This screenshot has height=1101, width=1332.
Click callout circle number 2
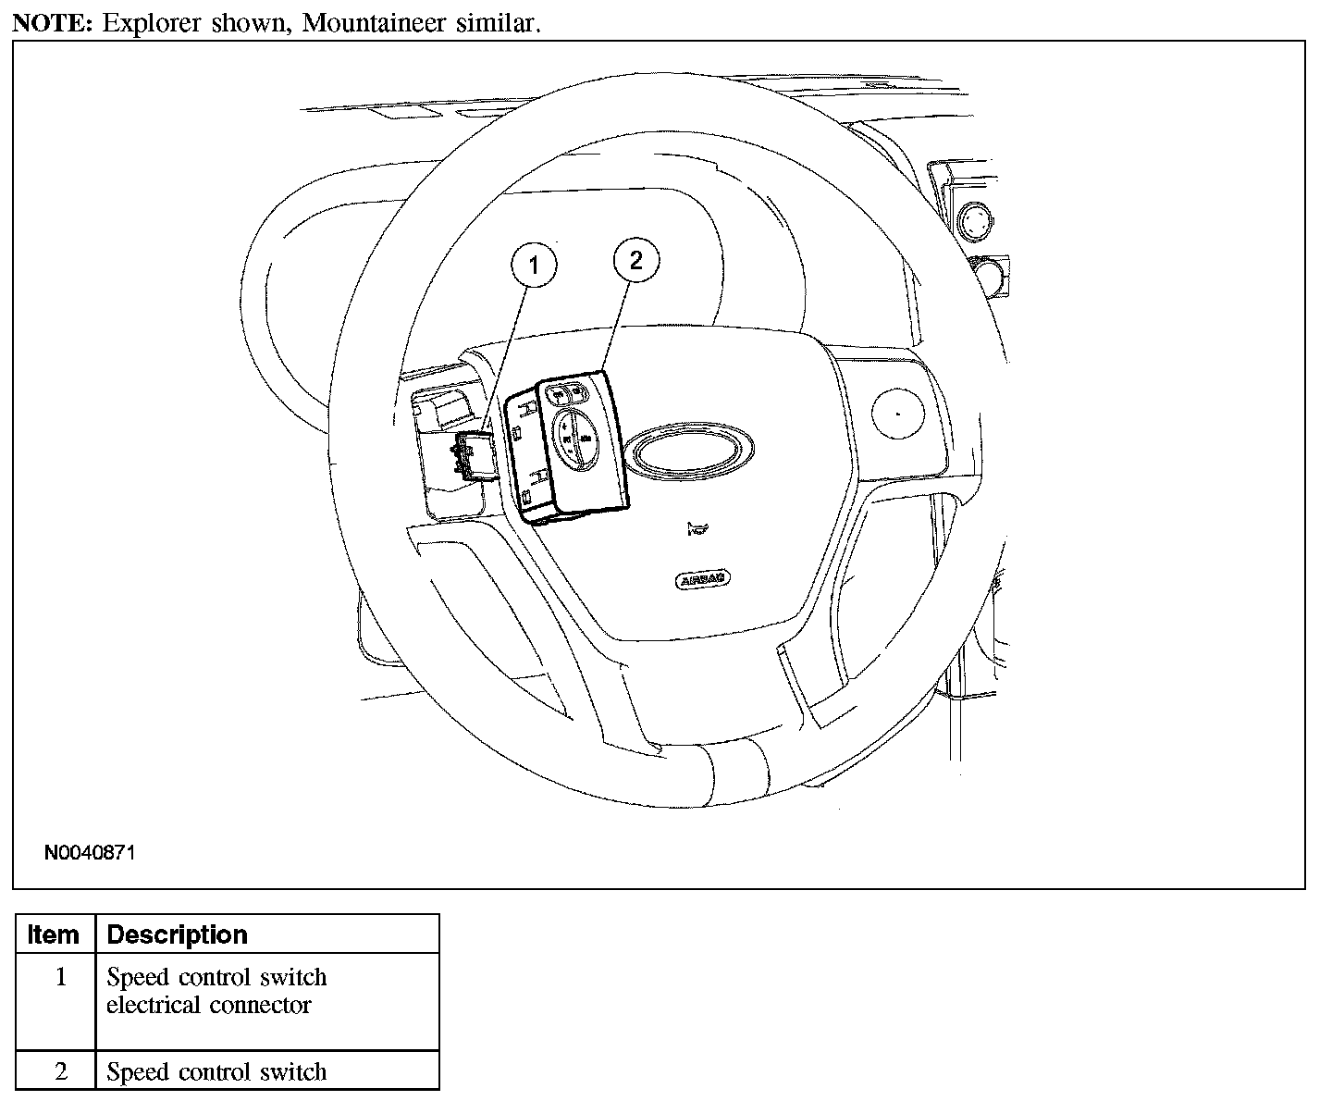point(636,260)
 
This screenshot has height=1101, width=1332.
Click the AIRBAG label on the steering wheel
point(703,581)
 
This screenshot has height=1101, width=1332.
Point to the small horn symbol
point(697,529)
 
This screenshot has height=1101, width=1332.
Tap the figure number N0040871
point(90,853)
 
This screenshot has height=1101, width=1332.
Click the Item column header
point(54,934)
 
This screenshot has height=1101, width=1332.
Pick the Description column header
point(178,934)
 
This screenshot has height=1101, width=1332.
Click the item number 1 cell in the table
point(61,978)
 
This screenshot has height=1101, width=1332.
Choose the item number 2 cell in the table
point(61,1072)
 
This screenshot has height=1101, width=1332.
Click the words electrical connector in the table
point(209,1006)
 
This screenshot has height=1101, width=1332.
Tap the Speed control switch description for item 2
point(216,1072)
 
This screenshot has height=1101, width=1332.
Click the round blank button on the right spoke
point(896,411)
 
